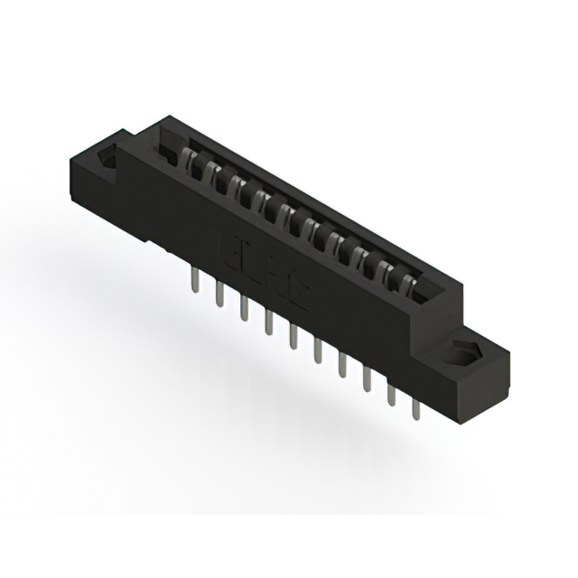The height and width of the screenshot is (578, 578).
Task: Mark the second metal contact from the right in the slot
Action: pyautogui.click(x=390, y=271)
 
